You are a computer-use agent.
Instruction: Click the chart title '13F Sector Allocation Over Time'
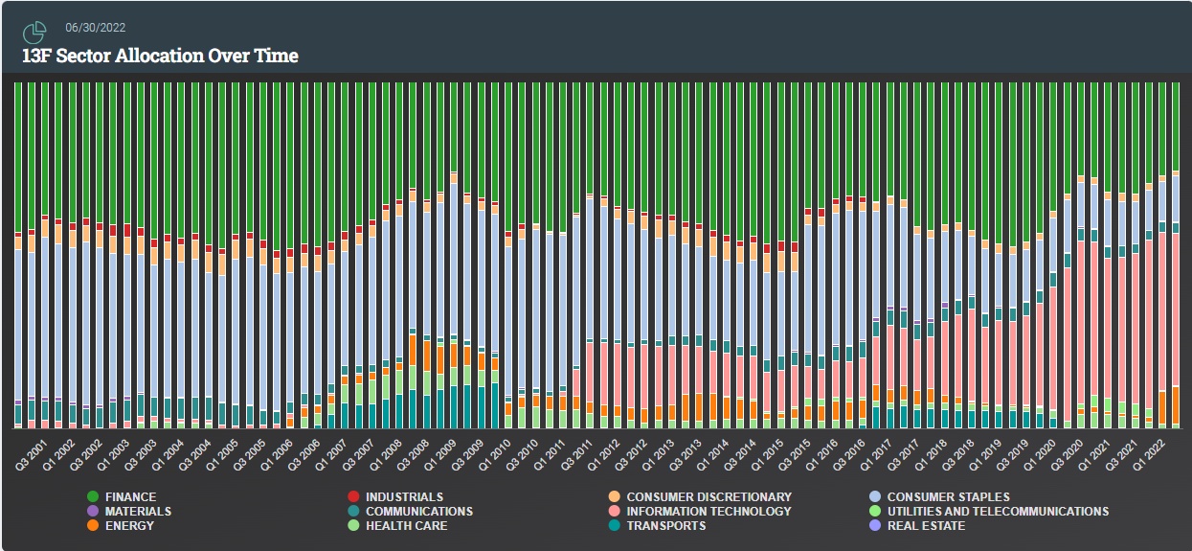(160, 56)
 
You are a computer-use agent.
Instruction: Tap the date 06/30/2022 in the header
(96, 28)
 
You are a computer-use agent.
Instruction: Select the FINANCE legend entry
(130, 497)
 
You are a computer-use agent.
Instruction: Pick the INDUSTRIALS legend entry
(405, 497)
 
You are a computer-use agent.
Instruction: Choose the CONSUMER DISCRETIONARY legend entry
(708, 497)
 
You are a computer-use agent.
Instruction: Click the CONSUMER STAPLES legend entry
(948, 497)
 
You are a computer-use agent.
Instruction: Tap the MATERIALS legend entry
(138, 512)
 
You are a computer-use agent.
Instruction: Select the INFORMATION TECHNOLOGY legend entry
(708, 512)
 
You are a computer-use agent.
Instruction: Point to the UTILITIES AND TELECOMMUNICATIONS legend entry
(998, 512)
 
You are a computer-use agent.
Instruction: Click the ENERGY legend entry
(129, 526)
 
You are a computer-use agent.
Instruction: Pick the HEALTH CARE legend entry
(406, 526)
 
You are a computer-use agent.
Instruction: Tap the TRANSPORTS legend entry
(665, 526)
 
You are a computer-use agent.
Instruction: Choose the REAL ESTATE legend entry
(926, 526)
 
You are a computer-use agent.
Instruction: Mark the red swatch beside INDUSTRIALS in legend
(354, 497)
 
